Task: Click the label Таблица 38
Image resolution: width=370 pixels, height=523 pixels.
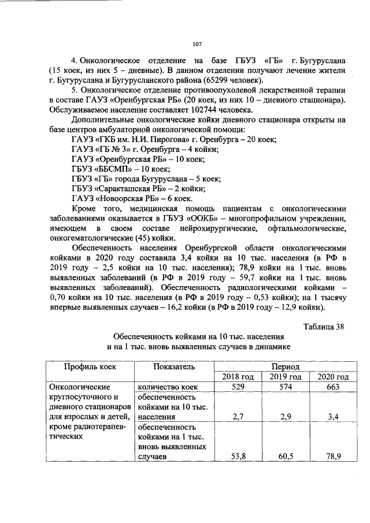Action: point(324,327)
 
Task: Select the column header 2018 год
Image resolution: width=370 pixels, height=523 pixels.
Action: point(238,377)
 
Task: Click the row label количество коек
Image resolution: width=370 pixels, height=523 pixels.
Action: point(168,387)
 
